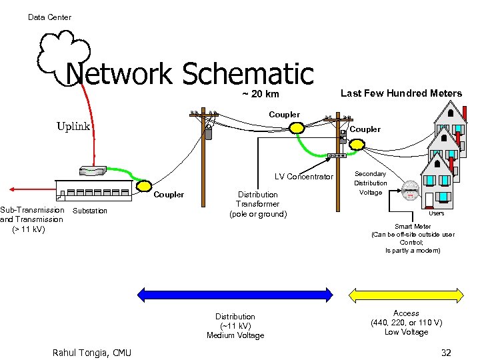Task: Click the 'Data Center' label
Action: (49, 17)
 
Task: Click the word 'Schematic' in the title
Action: (247, 75)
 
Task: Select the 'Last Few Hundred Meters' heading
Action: (401, 93)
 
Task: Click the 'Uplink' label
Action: (73, 126)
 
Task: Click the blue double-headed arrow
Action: (235, 294)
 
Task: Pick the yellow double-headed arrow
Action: (406, 294)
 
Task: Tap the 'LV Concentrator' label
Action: (303, 177)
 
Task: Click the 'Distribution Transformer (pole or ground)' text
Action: (257, 204)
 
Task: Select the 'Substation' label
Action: (89, 211)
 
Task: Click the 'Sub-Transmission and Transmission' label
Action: (32, 219)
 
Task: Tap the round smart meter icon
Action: (411, 190)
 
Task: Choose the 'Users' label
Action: (436, 213)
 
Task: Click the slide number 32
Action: (445, 352)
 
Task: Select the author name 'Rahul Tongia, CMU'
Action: (92, 353)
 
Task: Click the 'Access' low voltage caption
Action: (406, 323)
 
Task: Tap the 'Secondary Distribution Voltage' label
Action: (370, 183)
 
